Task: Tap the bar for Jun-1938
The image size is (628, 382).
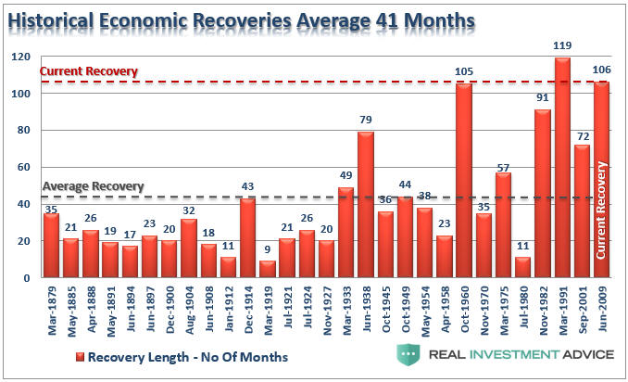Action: click(x=366, y=205)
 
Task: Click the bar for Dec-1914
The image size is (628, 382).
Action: click(x=247, y=237)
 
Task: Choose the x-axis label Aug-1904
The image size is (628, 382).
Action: click(x=190, y=309)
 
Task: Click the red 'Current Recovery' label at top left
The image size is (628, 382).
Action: click(x=89, y=71)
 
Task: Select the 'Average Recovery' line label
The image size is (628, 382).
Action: click(x=93, y=185)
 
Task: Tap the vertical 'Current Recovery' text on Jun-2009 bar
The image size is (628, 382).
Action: click(x=601, y=209)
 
